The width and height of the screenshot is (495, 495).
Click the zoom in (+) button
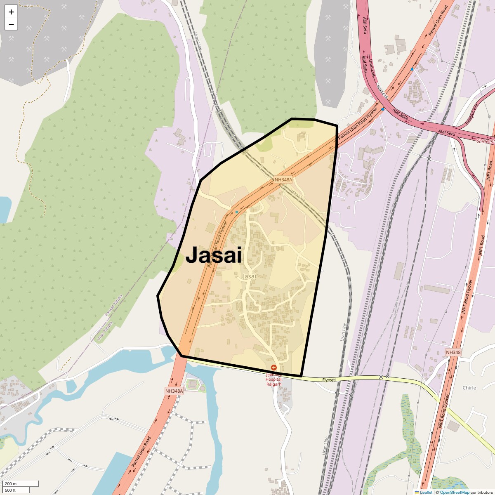11,12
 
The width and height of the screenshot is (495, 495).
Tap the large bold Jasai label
213,255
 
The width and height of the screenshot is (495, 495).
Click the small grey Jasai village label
250,276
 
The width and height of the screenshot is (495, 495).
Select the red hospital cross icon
273,367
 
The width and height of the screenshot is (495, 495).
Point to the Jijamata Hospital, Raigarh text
273,379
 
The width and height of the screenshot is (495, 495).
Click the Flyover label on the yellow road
329,379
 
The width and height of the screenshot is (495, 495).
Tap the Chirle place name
469,388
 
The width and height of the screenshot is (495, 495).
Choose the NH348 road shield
453,352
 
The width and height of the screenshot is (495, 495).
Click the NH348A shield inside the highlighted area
283,179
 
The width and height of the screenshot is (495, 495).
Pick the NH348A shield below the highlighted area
174,391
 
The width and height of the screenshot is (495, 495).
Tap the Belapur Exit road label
471,114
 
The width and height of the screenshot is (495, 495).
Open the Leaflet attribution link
426,492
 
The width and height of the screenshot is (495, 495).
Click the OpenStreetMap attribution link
455,492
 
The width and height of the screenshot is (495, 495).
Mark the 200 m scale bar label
11,483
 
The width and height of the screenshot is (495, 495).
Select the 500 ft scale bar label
10,490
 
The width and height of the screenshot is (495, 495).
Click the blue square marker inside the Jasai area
237,212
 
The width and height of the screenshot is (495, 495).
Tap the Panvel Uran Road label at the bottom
141,452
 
